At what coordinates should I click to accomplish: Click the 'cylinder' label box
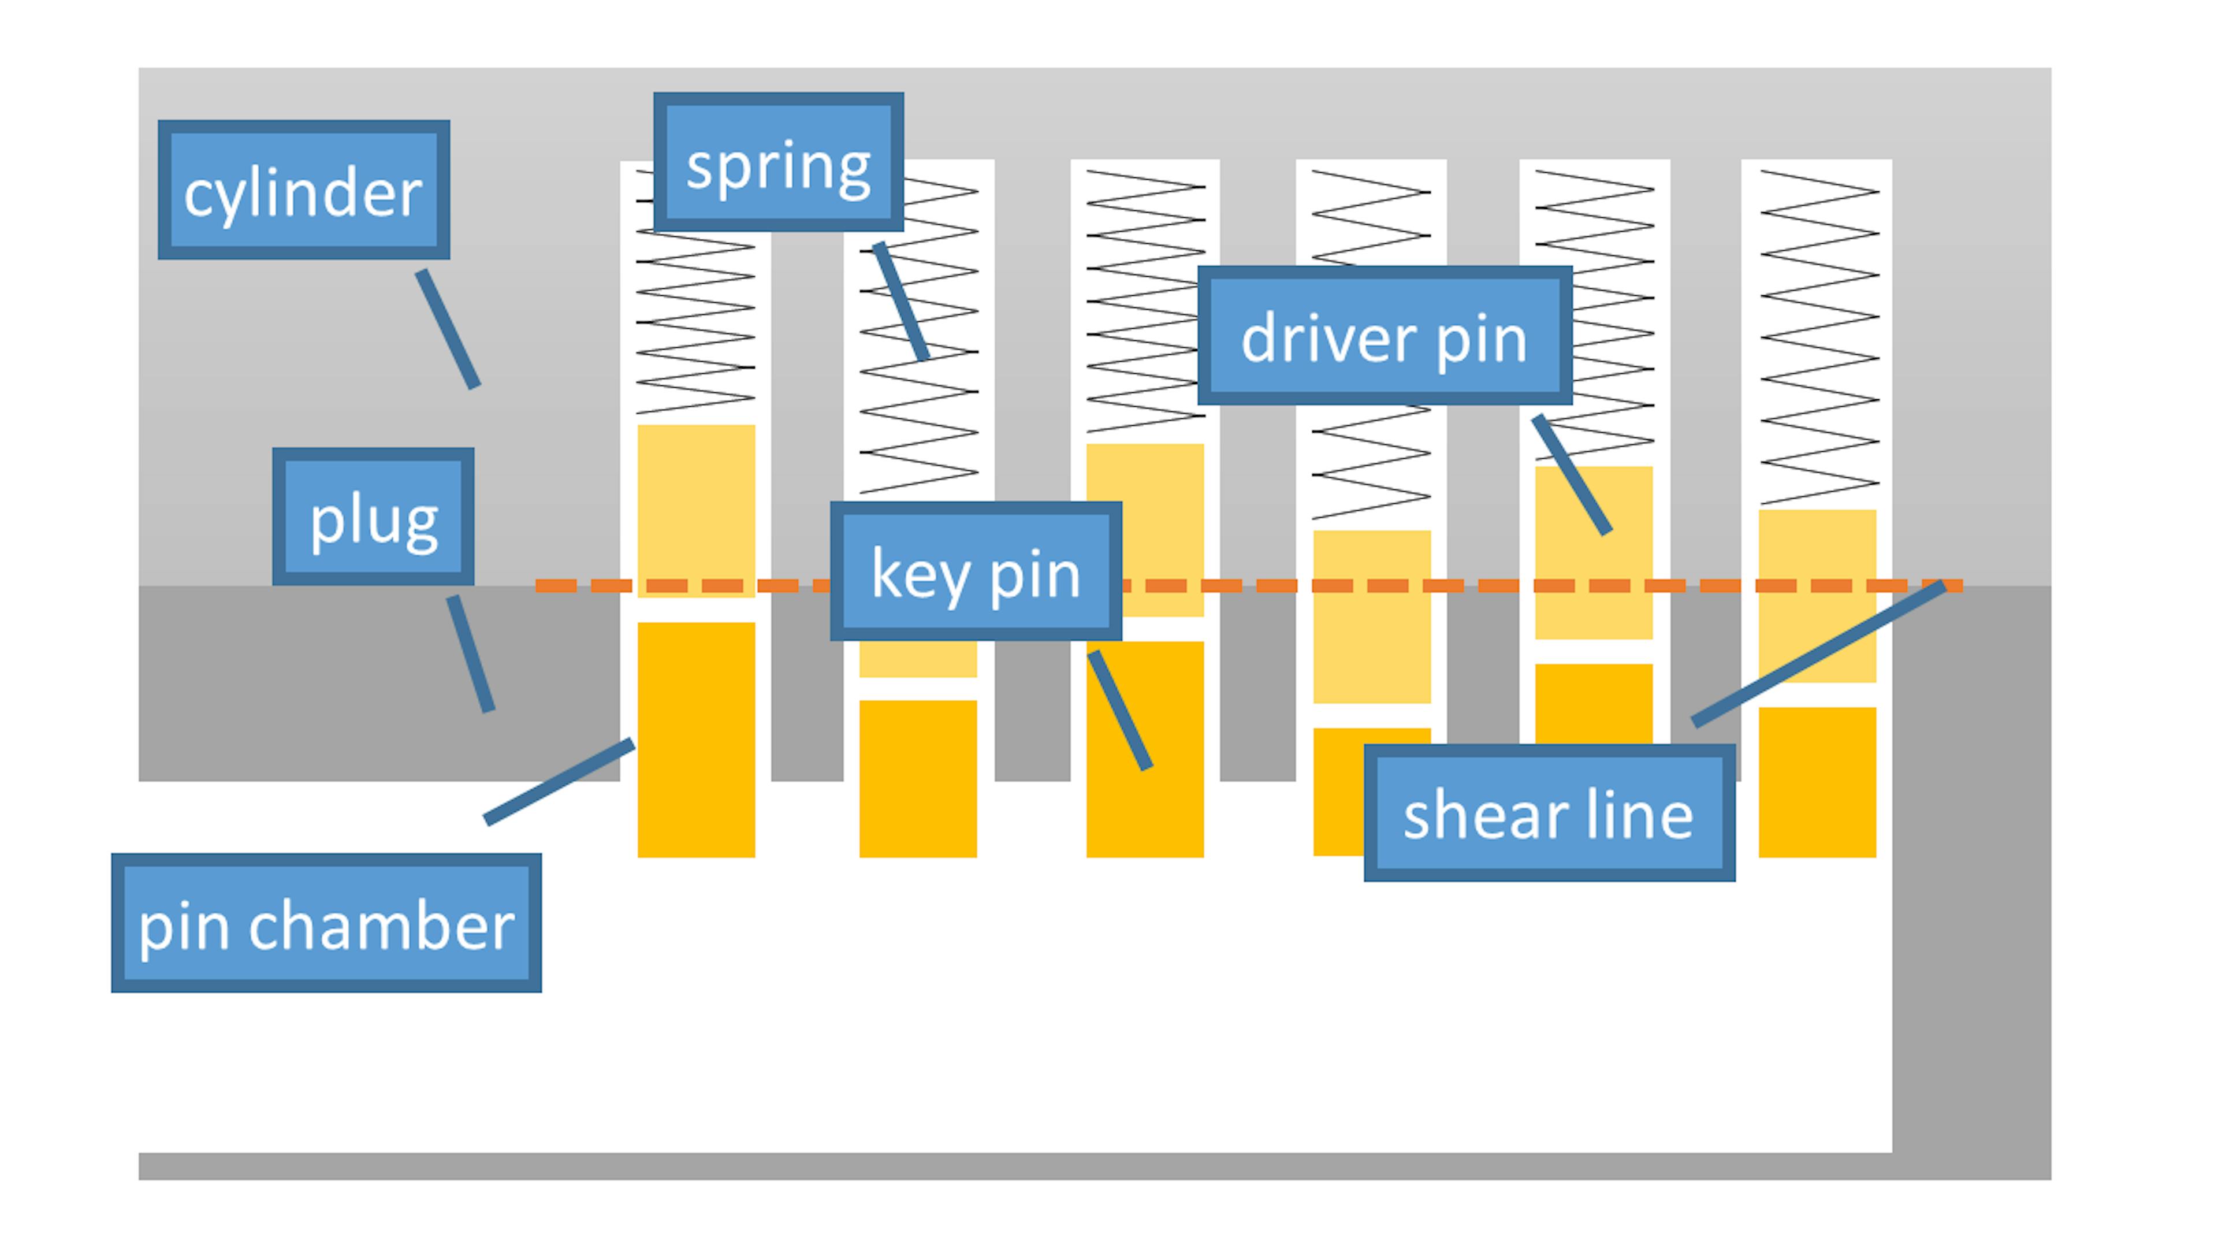(x=303, y=190)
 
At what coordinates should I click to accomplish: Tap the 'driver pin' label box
(x=1384, y=335)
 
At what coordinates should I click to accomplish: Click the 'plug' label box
(x=373, y=516)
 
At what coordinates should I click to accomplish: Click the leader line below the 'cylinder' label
(x=448, y=329)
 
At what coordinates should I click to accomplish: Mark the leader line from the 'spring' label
(x=900, y=302)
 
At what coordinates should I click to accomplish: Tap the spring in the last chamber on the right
(x=1818, y=336)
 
